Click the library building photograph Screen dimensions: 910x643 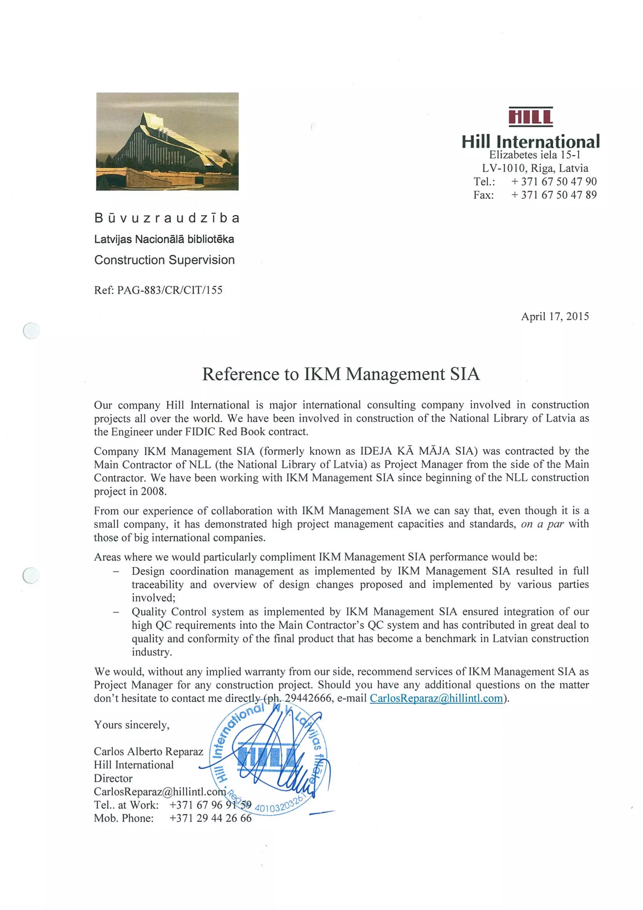tap(167, 141)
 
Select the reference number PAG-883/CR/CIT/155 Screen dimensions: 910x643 tap(170, 290)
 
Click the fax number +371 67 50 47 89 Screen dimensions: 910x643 tap(554, 195)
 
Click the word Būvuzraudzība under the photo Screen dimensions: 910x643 tap(167, 218)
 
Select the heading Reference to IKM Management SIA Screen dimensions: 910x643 tap(341, 374)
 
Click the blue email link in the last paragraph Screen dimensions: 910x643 tap(436, 698)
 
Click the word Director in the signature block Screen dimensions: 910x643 tap(113, 778)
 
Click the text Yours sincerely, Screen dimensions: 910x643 tap(132, 725)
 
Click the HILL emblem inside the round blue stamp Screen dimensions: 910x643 tap(266, 758)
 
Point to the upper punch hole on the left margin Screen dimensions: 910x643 tap(31, 330)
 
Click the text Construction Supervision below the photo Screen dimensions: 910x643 tap(165, 260)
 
